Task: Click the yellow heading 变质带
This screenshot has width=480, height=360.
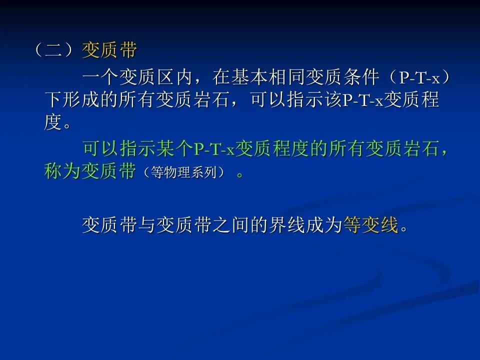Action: point(109,50)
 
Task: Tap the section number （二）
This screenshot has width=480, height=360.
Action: point(54,50)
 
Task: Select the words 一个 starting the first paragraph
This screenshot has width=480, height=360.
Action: point(100,77)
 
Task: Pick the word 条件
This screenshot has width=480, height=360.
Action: point(361,77)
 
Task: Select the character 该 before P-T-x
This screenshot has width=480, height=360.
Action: point(333,99)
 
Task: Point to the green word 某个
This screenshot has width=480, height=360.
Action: point(175,148)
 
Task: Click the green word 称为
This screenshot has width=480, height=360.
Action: point(62,171)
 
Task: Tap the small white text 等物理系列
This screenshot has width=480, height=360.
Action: point(184,172)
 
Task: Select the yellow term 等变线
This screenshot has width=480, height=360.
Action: point(371,225)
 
